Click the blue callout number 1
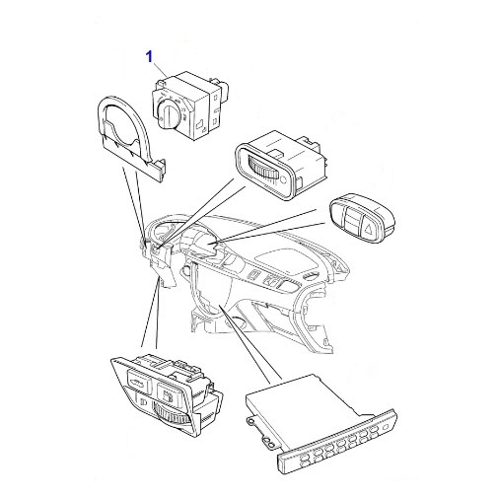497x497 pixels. [150, 57]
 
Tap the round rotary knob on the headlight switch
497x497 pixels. [169, 114]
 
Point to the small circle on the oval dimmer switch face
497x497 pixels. [283, 179]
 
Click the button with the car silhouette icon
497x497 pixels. [138, 383]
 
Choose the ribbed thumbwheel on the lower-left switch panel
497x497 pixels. [172, 415]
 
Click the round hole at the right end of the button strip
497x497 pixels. [386, 427]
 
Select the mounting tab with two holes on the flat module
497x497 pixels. [268, 442]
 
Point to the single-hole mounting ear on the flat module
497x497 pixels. [250, 421]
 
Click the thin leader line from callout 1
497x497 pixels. [162, 70]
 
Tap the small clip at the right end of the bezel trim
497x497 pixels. [161, 167]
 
